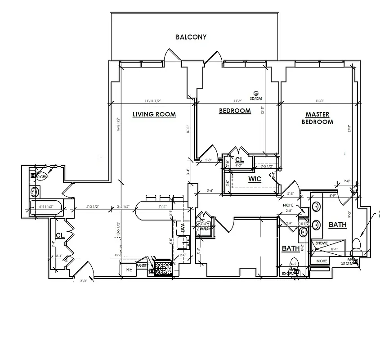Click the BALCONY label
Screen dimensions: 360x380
coord(191,37)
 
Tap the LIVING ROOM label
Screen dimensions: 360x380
coord(154,114)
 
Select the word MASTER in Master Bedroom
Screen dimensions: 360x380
coord(317,114)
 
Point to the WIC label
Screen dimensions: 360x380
coord(255,179)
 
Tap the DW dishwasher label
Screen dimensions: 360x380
coord(183,228)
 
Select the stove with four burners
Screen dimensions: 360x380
coord(163,269)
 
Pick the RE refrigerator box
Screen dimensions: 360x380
coord(129,269)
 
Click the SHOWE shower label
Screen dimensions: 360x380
coord(322,243)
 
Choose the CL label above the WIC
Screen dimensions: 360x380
coord(239,160)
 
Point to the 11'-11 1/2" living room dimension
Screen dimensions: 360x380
coord(153,101)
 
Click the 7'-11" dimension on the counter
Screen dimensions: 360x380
coord(163,207)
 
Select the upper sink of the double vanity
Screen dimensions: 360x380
coord(316,207)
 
